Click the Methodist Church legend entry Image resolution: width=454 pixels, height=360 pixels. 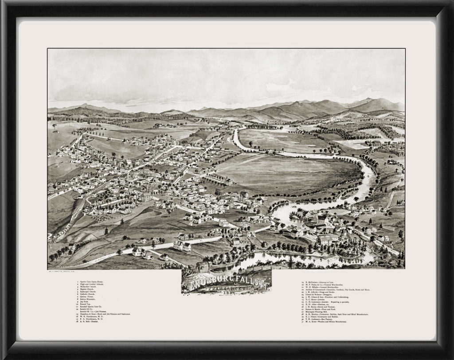pyautogui.click(x=89, y=287)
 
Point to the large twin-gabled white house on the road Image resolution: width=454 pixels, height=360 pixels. pyautogui.click(x=183, y=245)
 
